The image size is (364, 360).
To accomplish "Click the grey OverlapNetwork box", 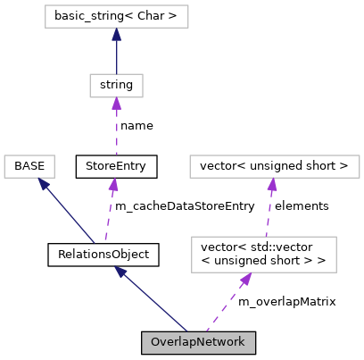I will [x=198, y=342].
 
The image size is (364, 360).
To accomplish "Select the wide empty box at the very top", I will [x=116, y=16].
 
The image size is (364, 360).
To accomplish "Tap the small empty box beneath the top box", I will [x=116, y=86].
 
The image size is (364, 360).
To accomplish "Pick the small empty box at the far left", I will [x=29, y=166].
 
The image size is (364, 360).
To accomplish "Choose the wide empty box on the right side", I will [x=274, y=166].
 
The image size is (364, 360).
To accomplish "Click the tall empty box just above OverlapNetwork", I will [x=263, y=254].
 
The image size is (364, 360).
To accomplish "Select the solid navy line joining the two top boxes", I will [x=116, y=55].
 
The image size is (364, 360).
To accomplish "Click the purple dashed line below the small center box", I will [x=116, y=130].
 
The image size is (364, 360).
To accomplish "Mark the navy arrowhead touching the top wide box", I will [x=116, y=34].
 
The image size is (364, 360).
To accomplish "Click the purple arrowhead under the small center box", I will [x=116, y=104].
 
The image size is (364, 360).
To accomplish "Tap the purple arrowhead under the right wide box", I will [x=272, y=184].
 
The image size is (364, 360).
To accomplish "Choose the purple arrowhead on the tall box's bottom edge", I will [x=246, y=279].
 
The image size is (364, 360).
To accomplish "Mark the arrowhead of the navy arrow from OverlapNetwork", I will [x=120, y=271].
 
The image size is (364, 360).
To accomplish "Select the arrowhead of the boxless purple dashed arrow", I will [x=113, y=184].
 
